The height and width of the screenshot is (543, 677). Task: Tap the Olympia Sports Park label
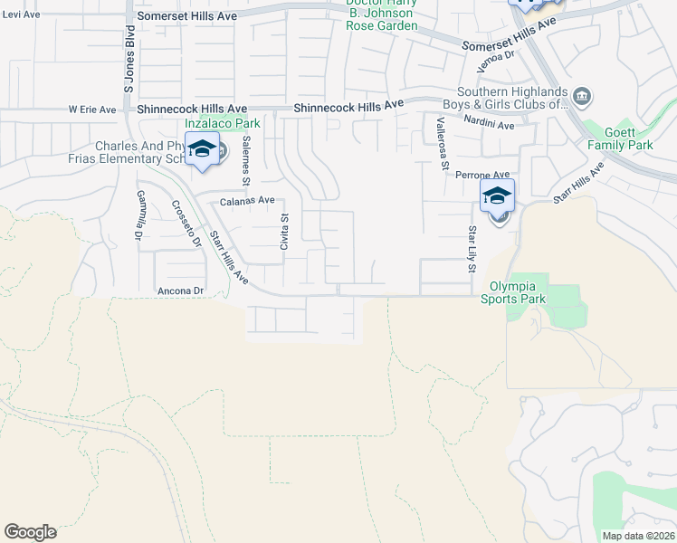(513, 291)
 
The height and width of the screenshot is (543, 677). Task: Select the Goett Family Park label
(620, 138)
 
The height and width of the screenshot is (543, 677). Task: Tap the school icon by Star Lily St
(497, 196)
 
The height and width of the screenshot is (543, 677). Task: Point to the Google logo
(30, 532)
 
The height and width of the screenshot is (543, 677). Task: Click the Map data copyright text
(639, 536)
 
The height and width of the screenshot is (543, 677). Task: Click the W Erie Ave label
(92, 110)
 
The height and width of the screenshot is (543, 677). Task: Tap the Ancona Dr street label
(182, 291)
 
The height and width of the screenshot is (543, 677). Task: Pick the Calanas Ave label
(247, 200)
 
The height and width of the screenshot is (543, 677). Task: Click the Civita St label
(283, 232)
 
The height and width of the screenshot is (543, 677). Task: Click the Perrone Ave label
(482, 175)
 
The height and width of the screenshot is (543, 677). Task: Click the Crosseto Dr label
(186, 223)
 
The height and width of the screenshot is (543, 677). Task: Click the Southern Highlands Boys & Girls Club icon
(583, 96)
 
